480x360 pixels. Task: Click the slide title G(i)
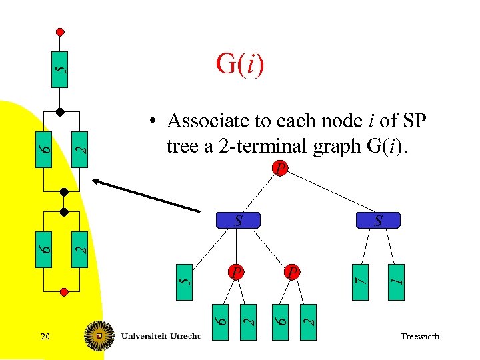click(x=240, y=64)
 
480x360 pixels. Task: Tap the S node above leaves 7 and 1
click(x=377, y=220)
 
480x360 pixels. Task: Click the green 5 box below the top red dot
click(x=60, y=69)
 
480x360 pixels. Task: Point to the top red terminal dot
click(x=60, y=31)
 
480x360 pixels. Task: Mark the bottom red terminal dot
click(x=65, y=291)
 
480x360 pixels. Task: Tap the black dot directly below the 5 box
click(x=60, y=111)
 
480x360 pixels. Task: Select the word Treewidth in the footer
click(x=420, y=337)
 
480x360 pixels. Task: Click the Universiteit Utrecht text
click(x=161, y=336)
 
